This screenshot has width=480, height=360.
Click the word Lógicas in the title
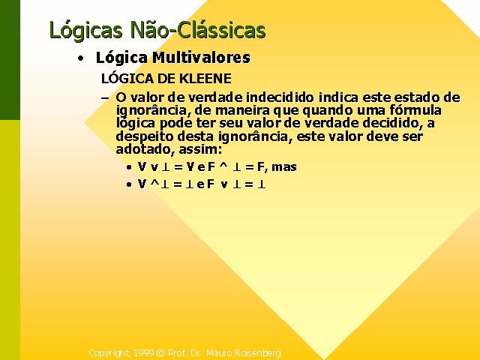click(x=85, y=31)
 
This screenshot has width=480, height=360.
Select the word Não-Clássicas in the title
click(x=198, y=30)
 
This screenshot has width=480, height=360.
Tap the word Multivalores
click(x=202, y=58)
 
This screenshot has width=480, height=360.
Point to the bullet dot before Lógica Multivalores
click(x=80, y=58)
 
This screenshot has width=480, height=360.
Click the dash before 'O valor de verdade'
click(x=105, y=98)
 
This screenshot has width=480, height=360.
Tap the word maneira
click(x=232, y=110)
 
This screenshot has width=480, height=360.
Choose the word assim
click(x=199, y=150)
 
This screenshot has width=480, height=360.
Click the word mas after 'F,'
click(x=284, y=167)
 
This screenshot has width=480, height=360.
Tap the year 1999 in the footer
click(x=143, y=353)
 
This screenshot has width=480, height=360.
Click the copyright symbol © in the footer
click(x=160, y=353)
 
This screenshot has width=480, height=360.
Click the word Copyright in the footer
click(x=109, y=353)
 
